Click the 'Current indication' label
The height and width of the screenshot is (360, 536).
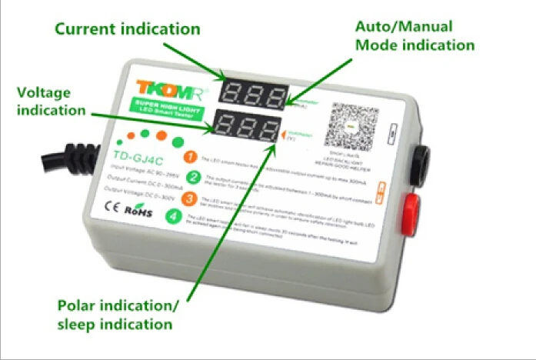[x=127, y=29]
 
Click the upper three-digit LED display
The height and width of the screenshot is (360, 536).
[x=251, y=93]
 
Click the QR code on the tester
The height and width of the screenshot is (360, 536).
[x=347, y=127]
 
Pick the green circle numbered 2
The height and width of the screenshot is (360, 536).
[x=195, y=178]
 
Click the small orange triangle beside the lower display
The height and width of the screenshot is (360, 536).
[x=282, y=134]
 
